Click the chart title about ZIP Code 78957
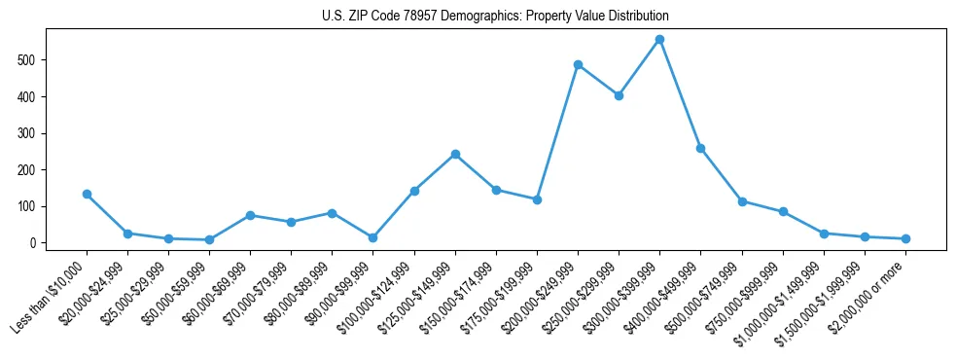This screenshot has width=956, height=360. point(495,17)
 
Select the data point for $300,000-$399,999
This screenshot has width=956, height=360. point(659,40)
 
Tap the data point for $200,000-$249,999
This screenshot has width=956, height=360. point(578,65)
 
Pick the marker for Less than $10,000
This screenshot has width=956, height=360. point(87,194)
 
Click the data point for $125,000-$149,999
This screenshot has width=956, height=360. point(455,154)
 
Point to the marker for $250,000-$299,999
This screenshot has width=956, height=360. point(619,95)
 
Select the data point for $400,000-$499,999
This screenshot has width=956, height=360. point(700,148)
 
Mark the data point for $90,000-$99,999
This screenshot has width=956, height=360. point(373,237)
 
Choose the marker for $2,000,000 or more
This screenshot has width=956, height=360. point(905,238)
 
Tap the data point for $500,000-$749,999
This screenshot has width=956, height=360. point(742,201)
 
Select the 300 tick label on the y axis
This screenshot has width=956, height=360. point(33,133)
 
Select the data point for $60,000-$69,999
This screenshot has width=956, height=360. point(251,215)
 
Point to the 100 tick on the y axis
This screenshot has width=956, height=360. point(33,206)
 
